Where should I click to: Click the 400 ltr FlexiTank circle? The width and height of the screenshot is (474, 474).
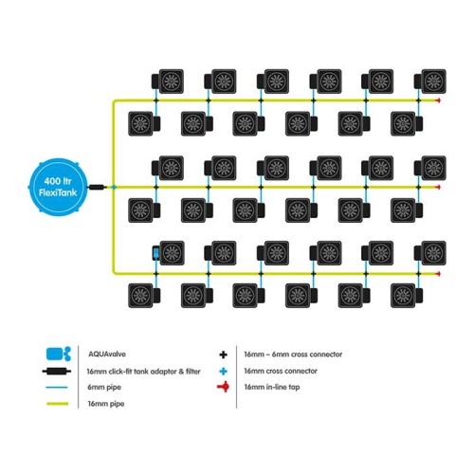58,187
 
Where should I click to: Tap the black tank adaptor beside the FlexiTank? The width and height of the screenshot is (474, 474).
98,187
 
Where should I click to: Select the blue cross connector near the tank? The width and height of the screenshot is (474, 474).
114,188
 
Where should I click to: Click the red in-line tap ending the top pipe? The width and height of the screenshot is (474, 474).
438,100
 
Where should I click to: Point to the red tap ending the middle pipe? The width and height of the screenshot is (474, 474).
438,188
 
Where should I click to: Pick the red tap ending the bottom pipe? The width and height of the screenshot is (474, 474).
438,274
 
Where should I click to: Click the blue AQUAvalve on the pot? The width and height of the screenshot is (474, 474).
156,253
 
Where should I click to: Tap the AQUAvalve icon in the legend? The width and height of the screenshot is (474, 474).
59,354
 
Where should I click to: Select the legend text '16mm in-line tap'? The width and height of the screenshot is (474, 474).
272,387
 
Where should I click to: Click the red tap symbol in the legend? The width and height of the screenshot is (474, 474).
224,387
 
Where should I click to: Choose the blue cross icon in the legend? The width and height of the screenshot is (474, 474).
223,371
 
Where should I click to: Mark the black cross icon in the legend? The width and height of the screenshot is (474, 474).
223,355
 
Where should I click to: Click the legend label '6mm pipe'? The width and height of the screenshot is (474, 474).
104,387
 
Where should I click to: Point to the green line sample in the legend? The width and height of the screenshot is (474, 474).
58,404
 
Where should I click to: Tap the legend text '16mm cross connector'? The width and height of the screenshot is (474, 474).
281,371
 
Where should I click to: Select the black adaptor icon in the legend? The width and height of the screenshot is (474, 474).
57,371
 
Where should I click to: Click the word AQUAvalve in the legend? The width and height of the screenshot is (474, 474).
107,354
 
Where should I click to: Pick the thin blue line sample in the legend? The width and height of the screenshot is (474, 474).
57,387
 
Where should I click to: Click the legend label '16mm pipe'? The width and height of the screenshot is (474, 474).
106,404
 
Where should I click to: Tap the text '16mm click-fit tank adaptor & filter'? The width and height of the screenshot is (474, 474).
144,372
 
